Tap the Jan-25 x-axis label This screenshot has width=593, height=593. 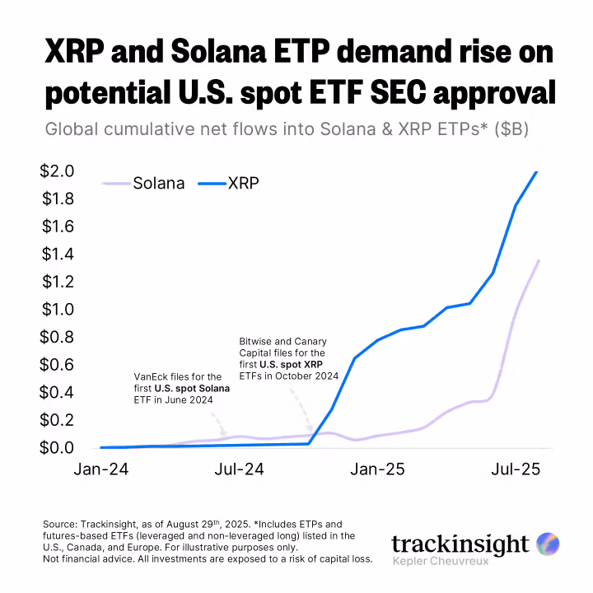tap(377, 470)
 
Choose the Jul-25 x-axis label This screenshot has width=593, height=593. tap(515, 470)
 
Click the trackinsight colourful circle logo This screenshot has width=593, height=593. tap(548, 544)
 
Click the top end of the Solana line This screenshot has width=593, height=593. tap(539, 260)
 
